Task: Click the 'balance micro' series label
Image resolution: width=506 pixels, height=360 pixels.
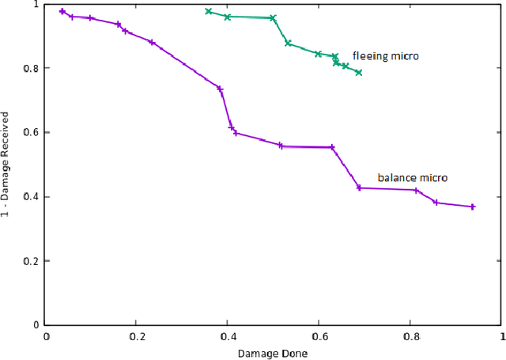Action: pos(412,178)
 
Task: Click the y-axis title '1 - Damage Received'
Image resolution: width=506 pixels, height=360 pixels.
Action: pos(7,164)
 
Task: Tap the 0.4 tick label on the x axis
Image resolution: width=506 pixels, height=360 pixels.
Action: pos(227,335)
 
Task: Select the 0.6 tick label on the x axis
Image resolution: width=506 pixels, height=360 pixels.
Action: pos(318,335)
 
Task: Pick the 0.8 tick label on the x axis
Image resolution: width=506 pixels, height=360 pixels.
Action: pos(410,335)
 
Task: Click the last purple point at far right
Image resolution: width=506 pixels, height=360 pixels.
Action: pos(473,207)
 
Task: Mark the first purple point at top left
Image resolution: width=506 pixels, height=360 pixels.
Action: pos(62,11)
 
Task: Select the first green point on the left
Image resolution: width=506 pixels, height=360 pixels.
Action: pos(209,11)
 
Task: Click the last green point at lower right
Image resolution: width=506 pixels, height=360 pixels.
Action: pos(359,73)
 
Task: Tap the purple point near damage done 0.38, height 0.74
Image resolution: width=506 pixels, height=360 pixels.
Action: pos(220,89)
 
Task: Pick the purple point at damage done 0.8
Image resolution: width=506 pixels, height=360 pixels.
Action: pos(416,190)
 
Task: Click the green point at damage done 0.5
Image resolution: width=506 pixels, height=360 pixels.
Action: pos(273,17)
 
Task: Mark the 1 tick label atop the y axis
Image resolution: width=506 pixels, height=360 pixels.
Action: pos(36,5)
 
